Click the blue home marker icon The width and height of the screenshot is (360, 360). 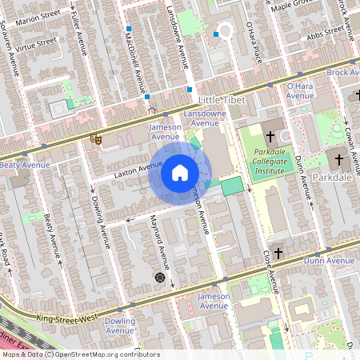pos(180,173)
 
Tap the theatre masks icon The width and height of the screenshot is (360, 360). pos(97,138)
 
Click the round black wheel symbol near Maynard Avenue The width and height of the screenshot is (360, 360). pos(159,277)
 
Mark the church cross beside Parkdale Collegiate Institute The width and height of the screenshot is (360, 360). pos(270,135)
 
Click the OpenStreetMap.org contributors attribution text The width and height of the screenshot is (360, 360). pos(102,354)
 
